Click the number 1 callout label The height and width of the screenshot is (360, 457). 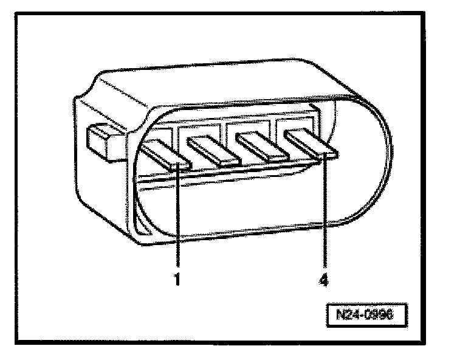point(177,282)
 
